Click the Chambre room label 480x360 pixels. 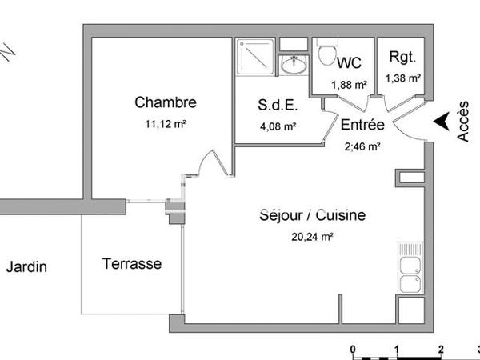point(166,102)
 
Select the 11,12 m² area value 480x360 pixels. point(166,123)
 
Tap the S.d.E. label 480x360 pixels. point(277,106)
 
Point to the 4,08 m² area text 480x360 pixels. point(277,126)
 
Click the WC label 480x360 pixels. point(350,62)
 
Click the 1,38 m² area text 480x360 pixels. point(402,78)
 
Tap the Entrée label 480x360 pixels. point(363,126)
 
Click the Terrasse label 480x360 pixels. point(132,263)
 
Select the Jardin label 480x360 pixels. point(26,267)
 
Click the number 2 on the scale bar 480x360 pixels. point(441,349)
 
